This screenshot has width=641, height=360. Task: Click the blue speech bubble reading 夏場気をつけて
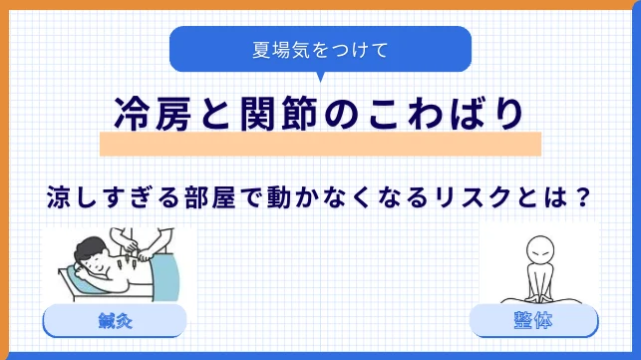(321, 49)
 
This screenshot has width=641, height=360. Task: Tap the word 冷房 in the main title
(153, 114)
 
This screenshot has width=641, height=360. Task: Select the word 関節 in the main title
(279, 114)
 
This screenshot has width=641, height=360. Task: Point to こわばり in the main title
(446, 114)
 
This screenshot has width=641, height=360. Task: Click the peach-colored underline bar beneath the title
(321, 144)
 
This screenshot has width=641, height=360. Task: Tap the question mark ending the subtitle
(582, 196)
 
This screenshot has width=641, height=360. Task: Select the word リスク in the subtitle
(473, 196)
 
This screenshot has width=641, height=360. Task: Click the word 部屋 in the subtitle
(210, 196)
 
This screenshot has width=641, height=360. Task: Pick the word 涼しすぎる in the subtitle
(114, 196)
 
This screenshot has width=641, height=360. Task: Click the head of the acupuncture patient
(91, 254)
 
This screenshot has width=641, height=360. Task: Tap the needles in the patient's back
(125, 262)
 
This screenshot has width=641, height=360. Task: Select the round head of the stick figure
(540, 250)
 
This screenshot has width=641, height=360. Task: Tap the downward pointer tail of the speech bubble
(321, 77)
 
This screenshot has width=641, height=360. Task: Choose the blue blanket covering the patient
(164, 273)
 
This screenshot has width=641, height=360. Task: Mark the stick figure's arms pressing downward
(539, 282)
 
